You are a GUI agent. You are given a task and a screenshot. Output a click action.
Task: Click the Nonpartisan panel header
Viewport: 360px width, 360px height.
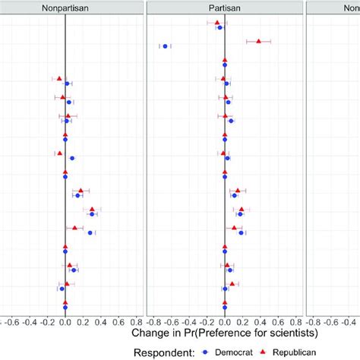[65, 8]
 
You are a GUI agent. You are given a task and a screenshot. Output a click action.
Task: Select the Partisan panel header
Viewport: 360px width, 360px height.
[225, 8]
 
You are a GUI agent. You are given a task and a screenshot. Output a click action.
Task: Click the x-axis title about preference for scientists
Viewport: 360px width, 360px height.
[224, 333]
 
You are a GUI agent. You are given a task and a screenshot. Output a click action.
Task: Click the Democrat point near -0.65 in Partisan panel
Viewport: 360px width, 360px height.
[165, 46]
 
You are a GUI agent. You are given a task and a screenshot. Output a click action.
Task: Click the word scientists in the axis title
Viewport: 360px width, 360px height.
[288, 333]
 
